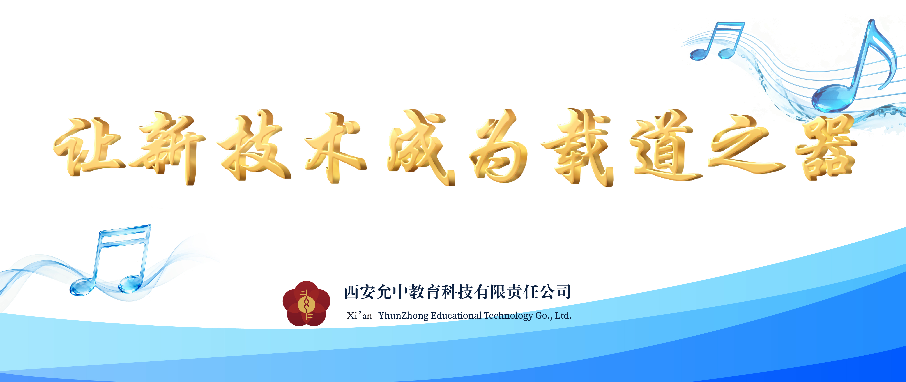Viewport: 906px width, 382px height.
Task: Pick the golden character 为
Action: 499,148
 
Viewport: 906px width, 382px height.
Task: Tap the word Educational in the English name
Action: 456,316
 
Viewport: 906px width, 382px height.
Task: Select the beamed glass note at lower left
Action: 113,260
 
